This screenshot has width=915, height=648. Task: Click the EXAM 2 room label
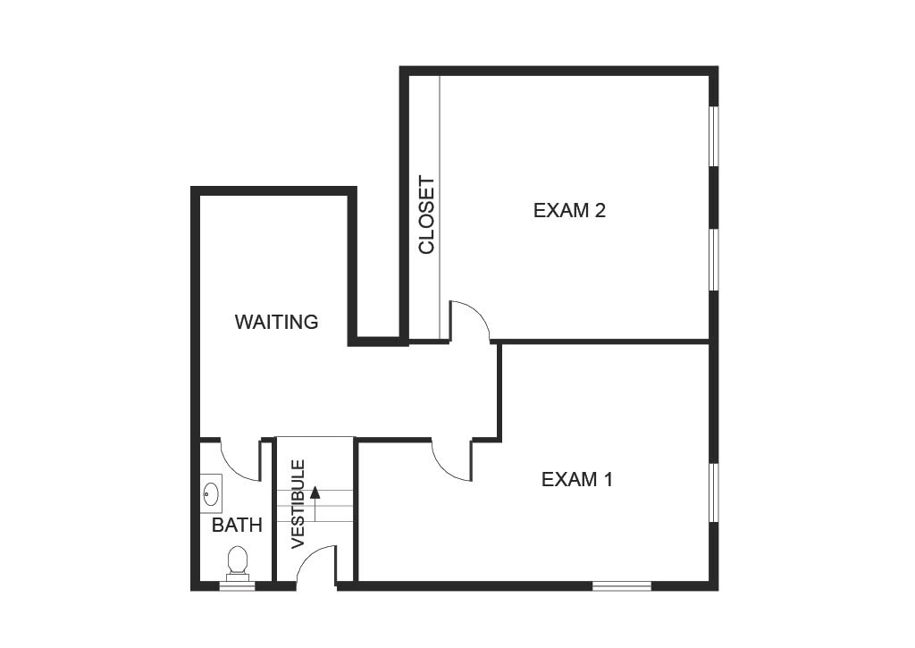click(x=569, y=211)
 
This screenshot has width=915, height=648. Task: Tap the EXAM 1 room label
click(x=577, y=479)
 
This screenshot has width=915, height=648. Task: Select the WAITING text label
click(x=276, y=322)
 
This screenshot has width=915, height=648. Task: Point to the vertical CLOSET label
click(x=426, y=215)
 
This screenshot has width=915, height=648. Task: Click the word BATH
click(x=237, y=526)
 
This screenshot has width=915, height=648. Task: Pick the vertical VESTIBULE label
click(x=298, y=503)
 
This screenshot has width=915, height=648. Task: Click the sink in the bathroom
click(x=211, y=492)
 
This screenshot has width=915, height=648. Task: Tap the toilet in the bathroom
click(x=237, y=562)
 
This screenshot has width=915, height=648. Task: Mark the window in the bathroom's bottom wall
click(x=237, y=585)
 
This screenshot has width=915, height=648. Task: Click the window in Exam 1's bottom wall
click(x=621, y=585)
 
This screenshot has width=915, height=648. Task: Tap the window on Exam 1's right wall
click(x=713, y=492)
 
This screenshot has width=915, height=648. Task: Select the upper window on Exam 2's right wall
click(x=713, y=137)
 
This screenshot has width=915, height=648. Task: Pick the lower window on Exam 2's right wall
click(x=713, y=260)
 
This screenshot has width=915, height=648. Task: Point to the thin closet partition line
click(x=440, y=206)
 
